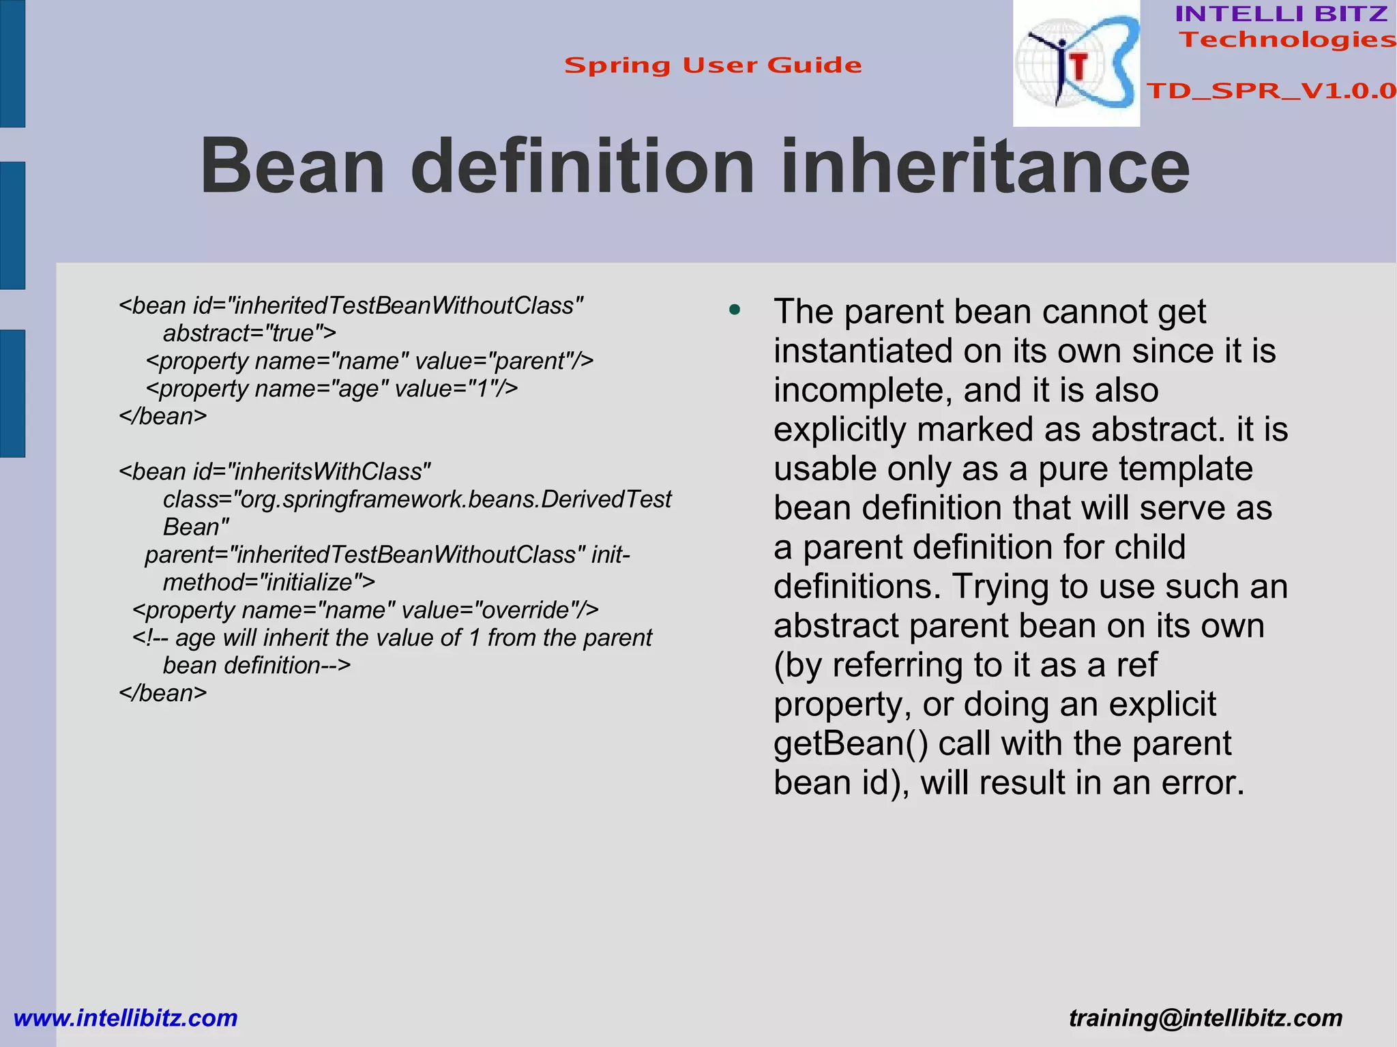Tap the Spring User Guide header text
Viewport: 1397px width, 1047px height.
(x=713, y=65)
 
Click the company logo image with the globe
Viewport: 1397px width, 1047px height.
(x=1076, y=64)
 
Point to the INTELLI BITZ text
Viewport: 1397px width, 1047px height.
(x=1281, y=14)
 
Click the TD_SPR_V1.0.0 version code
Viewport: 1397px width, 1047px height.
(x=1271, y=91)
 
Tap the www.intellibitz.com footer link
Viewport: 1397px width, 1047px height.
(x=126, y=1018)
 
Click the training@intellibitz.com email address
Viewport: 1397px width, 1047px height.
(x=1205, y=1018)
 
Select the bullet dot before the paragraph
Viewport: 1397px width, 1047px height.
(x=735, y=311)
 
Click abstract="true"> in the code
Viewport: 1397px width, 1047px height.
(x=250, y=334)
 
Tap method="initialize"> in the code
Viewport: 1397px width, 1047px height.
(x=269, y=583)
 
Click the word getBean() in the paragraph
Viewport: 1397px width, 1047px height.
(x=851, y=743)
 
